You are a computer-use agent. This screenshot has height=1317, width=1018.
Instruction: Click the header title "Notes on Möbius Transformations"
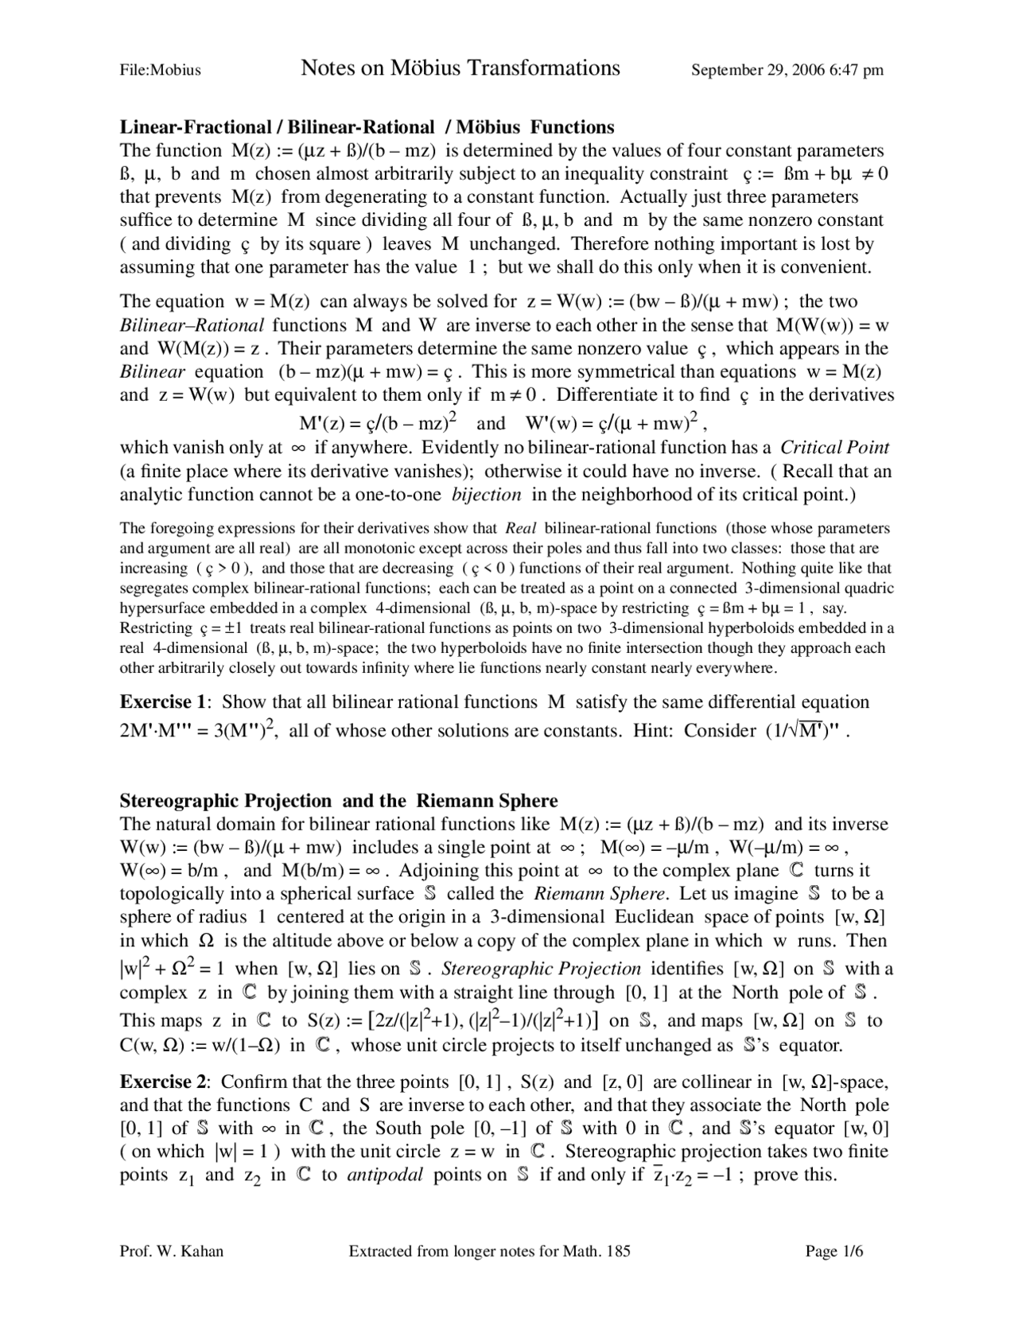pos(460,68)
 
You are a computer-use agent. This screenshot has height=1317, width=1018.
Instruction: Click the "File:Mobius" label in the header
pos(160,70)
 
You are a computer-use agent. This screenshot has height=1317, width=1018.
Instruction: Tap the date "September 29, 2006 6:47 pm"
pos(787,70)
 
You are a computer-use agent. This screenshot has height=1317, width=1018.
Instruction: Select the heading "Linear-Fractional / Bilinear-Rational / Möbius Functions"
pos(367,127)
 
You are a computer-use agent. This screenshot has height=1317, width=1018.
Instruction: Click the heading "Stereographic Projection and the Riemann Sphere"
pos(339,800)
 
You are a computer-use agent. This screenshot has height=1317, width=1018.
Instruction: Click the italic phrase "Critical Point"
pos(834,448)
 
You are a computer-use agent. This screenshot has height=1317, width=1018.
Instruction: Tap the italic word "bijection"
pos(486,495)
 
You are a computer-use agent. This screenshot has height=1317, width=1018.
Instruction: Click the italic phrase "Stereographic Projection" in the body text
pos(541,969)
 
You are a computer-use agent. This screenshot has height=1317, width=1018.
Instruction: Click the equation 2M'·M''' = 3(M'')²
pos(198,731)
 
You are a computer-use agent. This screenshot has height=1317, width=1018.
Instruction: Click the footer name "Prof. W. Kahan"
pos(171,1251)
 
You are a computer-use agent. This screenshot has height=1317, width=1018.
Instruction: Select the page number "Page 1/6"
pos(834,1251)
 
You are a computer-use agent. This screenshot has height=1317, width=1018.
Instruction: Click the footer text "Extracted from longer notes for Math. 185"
pos(489,1251)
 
